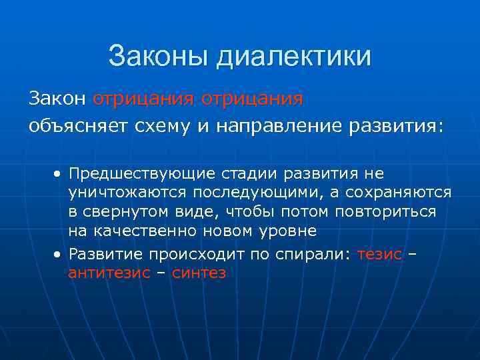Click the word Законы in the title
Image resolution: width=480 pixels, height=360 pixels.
point(157,56)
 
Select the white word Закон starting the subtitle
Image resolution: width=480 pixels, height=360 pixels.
point(57,99)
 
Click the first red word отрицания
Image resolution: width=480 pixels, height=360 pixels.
point(141,99)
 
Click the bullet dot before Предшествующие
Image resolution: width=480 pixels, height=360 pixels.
point(59,174)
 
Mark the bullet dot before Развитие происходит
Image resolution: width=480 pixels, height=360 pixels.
point(59,254)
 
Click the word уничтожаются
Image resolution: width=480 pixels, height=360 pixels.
point(123,193)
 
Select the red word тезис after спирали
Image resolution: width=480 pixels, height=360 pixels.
point(380,254)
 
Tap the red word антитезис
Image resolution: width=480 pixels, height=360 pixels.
point(110,273)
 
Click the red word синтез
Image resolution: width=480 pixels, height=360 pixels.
point(199,273)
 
